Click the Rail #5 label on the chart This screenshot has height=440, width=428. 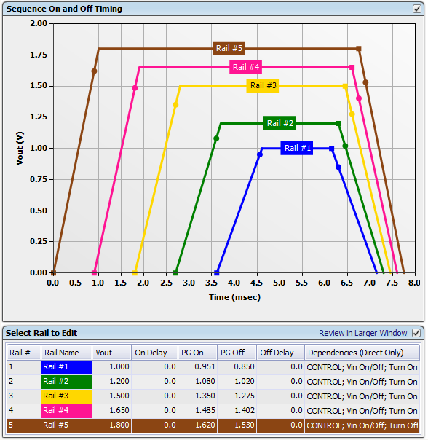229,48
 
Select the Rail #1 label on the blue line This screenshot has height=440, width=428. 298,148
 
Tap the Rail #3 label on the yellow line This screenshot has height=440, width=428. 263,85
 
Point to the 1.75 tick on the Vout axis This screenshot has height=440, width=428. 38,55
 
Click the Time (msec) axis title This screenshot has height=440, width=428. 234,296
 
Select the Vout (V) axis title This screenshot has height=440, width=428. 20,148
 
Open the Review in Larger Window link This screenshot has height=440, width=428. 362,333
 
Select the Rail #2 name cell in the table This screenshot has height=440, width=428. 66,381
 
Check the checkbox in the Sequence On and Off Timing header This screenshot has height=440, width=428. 416,9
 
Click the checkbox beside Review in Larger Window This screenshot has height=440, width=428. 416,333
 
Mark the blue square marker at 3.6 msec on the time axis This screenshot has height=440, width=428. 216,272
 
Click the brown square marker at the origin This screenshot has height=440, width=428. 53,272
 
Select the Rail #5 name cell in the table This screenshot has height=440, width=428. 66,425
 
